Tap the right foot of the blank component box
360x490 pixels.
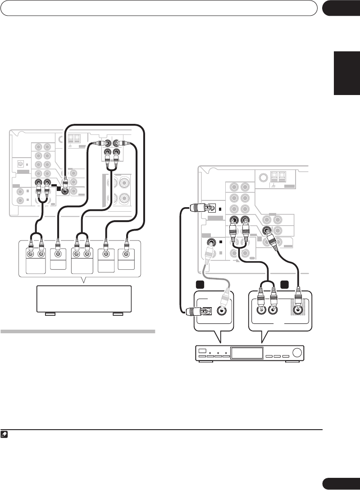(x=118, y=313)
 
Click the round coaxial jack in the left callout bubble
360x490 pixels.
(x=222, y=310)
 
